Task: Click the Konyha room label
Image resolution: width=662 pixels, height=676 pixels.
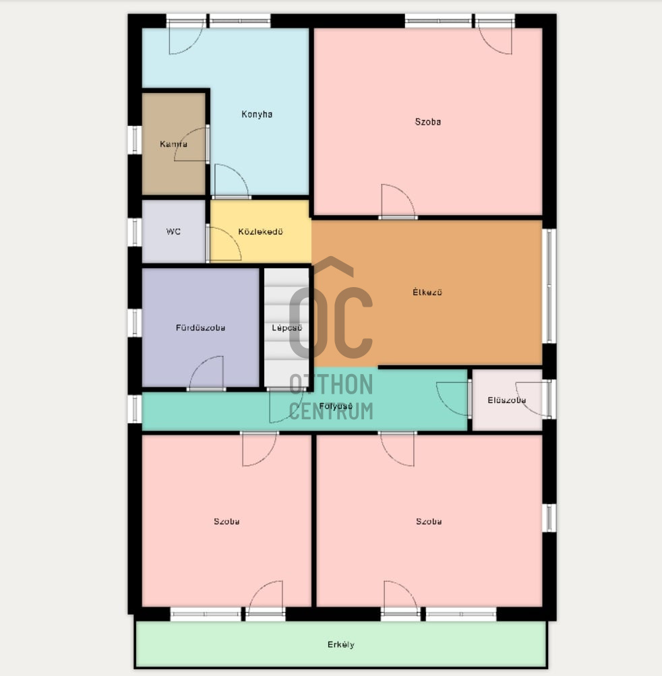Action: click(257, 115)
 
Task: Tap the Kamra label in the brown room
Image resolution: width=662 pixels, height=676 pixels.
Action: click(173, 144)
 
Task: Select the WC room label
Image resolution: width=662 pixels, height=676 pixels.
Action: click(173, 232)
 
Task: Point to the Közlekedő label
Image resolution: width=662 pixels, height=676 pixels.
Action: click(260, 232)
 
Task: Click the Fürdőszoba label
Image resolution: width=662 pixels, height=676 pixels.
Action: click(200, 328)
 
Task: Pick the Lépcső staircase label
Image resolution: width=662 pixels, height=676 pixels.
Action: click(287, 328)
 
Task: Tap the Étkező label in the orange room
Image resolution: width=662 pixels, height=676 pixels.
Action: click(427, 292)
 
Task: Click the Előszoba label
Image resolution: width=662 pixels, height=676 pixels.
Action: click(507, 400)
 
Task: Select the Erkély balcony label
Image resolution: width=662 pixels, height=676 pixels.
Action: click(340, 644)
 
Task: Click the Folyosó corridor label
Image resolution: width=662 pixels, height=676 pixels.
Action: click(336, 406)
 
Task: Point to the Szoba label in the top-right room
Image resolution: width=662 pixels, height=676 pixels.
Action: click(428, 121)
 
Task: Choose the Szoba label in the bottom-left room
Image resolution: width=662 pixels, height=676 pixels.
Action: click(227, 521)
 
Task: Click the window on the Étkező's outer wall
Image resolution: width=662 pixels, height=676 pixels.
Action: click(549, 286)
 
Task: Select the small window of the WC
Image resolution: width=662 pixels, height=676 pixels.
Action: click(135, 232)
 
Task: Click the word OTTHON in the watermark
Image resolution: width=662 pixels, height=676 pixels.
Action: click(331, 384)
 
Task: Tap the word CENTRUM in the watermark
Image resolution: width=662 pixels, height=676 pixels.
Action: click(331, 411)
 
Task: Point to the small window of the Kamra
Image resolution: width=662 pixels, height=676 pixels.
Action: click(135, 140)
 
